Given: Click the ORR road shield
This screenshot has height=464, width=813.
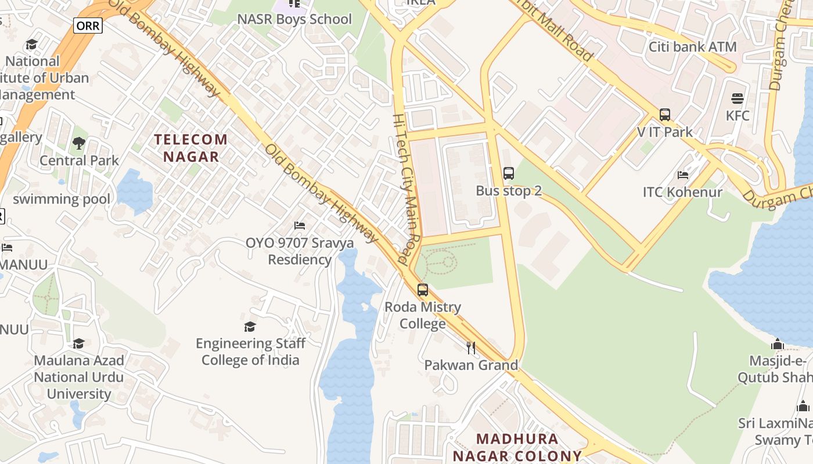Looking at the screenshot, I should point(88,26).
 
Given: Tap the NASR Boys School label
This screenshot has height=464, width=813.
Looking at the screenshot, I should point(294,19).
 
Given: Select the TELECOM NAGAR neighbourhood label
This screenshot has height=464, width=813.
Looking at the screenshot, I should point(191,148).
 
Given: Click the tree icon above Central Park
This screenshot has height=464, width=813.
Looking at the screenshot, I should point(79,143).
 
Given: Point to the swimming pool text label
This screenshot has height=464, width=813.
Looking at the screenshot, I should point(62,199).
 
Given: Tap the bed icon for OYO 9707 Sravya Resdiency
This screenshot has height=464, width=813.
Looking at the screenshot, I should point(300,225).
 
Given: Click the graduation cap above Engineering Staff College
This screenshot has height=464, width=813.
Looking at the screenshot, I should point(250,327).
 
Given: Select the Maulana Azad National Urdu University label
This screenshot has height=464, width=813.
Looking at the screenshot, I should point(79,377).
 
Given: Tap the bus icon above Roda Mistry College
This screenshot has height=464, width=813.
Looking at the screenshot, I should point(423,290).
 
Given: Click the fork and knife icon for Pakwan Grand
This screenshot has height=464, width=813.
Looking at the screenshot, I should point(471,348).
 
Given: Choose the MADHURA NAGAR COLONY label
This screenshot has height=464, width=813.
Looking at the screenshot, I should point(517,447).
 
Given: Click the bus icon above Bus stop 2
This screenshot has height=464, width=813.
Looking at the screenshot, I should point(509,173).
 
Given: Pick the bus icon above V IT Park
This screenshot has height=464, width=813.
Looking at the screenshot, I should point(665,115).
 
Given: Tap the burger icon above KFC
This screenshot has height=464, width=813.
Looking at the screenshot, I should point(738,99).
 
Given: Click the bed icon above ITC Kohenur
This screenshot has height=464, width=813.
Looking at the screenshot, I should point(683,175).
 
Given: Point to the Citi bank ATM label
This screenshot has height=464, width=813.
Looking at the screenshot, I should point(692,47).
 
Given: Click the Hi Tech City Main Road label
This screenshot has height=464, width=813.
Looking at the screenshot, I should point(407,188).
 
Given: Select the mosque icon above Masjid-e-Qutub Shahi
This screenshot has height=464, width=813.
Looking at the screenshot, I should point(778,345).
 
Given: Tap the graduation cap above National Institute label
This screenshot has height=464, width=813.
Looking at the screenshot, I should point(31,45).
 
